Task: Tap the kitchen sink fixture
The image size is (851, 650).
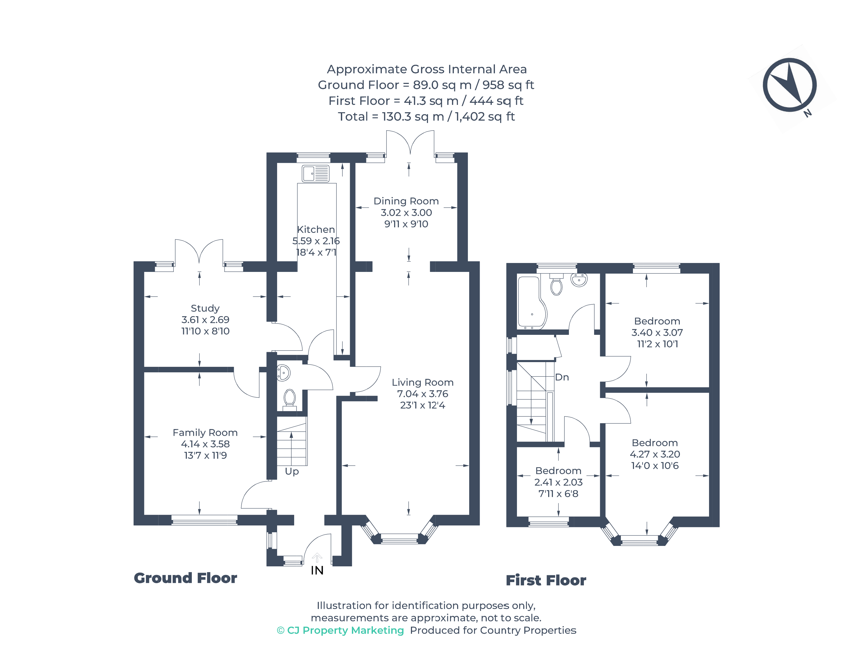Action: (x=315, y=174)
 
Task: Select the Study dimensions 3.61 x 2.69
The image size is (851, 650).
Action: (x=205, y=320)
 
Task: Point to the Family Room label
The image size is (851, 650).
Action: (x=205, y=433)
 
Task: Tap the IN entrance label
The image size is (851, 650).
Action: (x=317, y=570)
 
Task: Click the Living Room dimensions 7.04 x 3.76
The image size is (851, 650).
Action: (x=422, y=394)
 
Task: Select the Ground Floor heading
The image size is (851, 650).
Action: (x=185, y=578)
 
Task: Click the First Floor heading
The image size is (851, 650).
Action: (x=546, y=580)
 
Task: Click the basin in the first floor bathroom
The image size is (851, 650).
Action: (x=579, y=280)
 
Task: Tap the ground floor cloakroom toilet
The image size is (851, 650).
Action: (x=289, y=399)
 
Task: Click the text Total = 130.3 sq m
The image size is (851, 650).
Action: (x=426, y=116)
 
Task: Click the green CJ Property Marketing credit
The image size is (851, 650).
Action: (x=340, y=630)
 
